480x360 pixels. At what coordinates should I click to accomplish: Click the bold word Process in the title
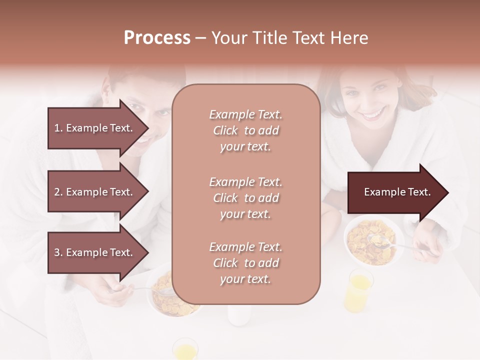157,38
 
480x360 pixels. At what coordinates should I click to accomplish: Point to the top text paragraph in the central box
245,130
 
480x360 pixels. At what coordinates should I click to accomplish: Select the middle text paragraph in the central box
245,198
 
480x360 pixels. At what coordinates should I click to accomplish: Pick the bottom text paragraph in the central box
245,263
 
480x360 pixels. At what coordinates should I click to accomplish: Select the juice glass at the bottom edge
184,349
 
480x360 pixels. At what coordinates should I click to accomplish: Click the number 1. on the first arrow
58,128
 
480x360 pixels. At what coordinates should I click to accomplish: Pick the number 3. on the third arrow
58,252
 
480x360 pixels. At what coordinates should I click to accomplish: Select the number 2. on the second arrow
58,192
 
